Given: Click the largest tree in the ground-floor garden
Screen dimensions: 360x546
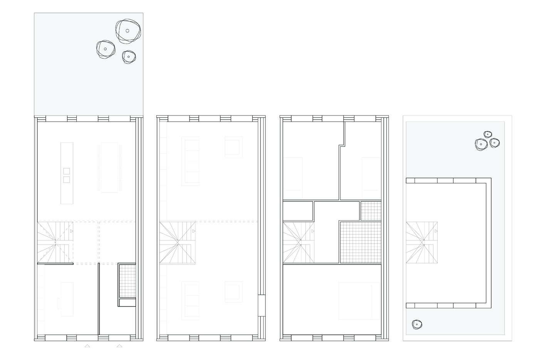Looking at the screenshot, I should tap(128, 31).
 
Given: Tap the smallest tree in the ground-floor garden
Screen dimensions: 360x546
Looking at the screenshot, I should tap(129, 57).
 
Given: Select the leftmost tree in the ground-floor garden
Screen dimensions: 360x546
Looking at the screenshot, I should tap(106, 49).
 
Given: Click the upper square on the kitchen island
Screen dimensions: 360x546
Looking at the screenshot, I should tap(66, 171).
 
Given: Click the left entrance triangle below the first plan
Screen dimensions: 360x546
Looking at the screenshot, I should tap(87, 346).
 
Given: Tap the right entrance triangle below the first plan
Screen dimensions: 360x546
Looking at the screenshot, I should tap(120, 346).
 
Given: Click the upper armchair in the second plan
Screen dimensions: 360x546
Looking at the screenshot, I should tap(234, 147).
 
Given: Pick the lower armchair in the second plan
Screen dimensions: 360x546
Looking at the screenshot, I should tap(234, 291).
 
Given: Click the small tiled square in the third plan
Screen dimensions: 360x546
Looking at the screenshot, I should tap(371, 211).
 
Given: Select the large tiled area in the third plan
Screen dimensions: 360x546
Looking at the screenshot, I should tap(360, 242).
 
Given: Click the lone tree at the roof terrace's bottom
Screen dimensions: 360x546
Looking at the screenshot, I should tap(417, 325).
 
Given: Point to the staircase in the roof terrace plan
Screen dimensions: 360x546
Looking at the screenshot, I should tap(422, 243).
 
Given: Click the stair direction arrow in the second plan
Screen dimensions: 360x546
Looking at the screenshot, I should tap(194, 231).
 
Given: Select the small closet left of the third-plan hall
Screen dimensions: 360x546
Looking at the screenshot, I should tap(297, 210).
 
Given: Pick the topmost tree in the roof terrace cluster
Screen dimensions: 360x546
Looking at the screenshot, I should tap(488, 134).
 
